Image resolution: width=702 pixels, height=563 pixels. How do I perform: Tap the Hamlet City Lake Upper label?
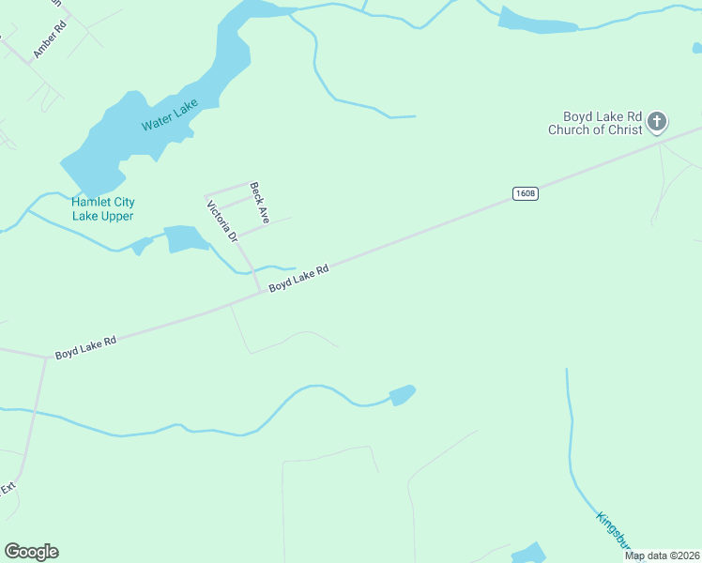pos(102,208)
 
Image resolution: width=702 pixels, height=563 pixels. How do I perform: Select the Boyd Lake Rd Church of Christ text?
pos(596,123)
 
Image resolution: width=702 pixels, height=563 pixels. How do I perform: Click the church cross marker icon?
pos(657,121)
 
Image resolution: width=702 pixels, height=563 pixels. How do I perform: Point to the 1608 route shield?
pos(526,193)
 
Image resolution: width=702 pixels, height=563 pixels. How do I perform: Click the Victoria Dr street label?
pos(222,221)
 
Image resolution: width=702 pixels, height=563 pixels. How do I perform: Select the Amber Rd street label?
pos(51,40)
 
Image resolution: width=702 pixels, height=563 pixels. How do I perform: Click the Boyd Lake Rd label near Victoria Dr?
pos(298,278)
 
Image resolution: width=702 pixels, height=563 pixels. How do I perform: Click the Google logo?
pos(32,552)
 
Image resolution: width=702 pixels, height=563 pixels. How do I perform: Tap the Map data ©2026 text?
pos(662,555)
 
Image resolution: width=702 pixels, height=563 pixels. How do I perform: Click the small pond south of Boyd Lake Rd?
pos(402,395)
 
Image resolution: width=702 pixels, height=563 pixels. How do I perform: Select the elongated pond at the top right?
pos(537,22)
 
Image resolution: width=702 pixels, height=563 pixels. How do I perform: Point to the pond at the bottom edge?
pos(529,553)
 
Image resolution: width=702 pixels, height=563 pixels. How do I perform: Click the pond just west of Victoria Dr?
pos(186,239)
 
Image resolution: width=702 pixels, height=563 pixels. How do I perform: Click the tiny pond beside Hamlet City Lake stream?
pos(142,246)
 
